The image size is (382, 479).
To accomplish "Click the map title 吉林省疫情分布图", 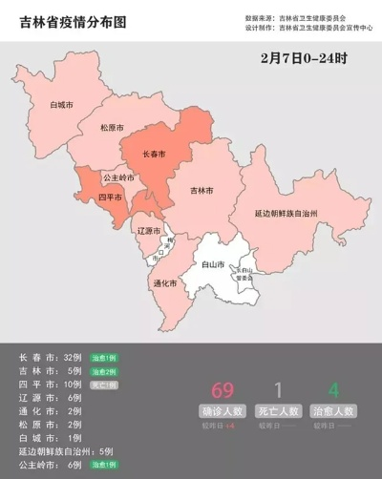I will (73, 18).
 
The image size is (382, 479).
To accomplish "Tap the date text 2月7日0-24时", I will (303, 58).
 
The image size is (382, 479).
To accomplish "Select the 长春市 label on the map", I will (154, 154).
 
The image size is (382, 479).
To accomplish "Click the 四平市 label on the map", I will (112, 198).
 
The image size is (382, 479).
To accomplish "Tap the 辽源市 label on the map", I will (148, 231).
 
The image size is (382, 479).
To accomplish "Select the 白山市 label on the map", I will (213, 263).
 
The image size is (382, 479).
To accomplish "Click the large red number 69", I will (223, 389).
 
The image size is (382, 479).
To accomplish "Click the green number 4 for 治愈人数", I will (333, 389).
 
